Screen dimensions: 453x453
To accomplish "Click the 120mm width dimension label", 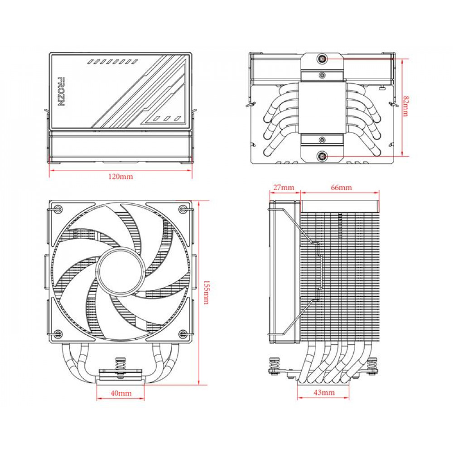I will [x=120, y=176].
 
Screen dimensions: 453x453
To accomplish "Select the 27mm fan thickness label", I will [x=284, y=188].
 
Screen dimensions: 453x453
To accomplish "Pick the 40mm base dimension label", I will [x=120, y=393].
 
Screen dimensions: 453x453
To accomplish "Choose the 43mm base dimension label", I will [x=323, y=392].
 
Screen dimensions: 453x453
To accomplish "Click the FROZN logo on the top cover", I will [x=60, y=91].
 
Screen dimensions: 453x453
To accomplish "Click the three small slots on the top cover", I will [x=164, y=118].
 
